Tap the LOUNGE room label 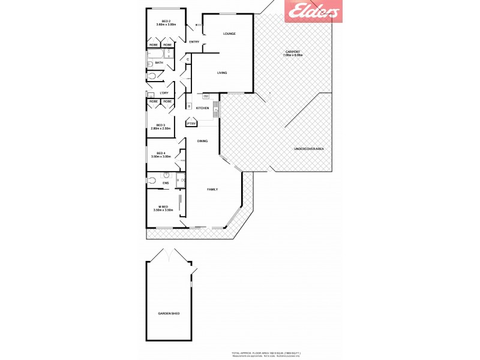click(229, 34)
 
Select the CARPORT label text click(293, 53)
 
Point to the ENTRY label click(194, 42)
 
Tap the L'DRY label click(164, 93)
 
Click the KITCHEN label click(202, 108)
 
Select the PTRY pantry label click(191, 124)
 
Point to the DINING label click(202, 141)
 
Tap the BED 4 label click(161, 153)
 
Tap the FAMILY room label click(212, 189)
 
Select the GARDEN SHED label click(169, 314)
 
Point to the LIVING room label click(222, 73)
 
